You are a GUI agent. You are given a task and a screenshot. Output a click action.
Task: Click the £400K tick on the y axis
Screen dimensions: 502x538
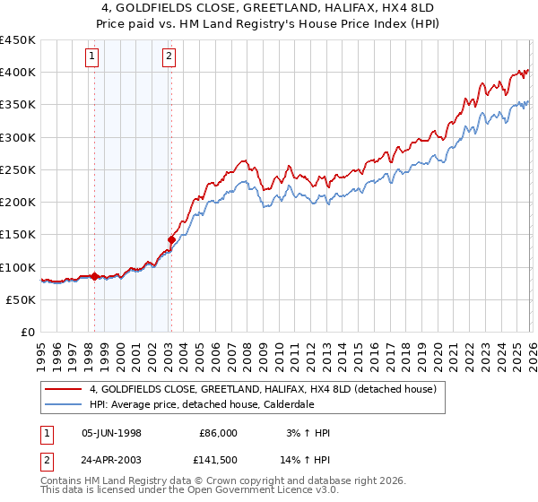click(x=18, y=73)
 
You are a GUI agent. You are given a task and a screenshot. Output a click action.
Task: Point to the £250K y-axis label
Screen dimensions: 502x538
click(x=18, y=169)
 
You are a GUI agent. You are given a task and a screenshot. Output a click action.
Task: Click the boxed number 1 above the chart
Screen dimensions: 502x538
click(x=93, y=57)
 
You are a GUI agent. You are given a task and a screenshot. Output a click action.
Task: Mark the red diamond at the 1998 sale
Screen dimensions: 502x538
click(x=94, y=276)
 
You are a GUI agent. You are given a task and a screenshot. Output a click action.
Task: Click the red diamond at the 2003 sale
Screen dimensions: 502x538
click(x=170, y=239)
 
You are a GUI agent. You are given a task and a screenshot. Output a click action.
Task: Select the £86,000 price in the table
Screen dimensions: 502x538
click(x=218, y=433)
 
